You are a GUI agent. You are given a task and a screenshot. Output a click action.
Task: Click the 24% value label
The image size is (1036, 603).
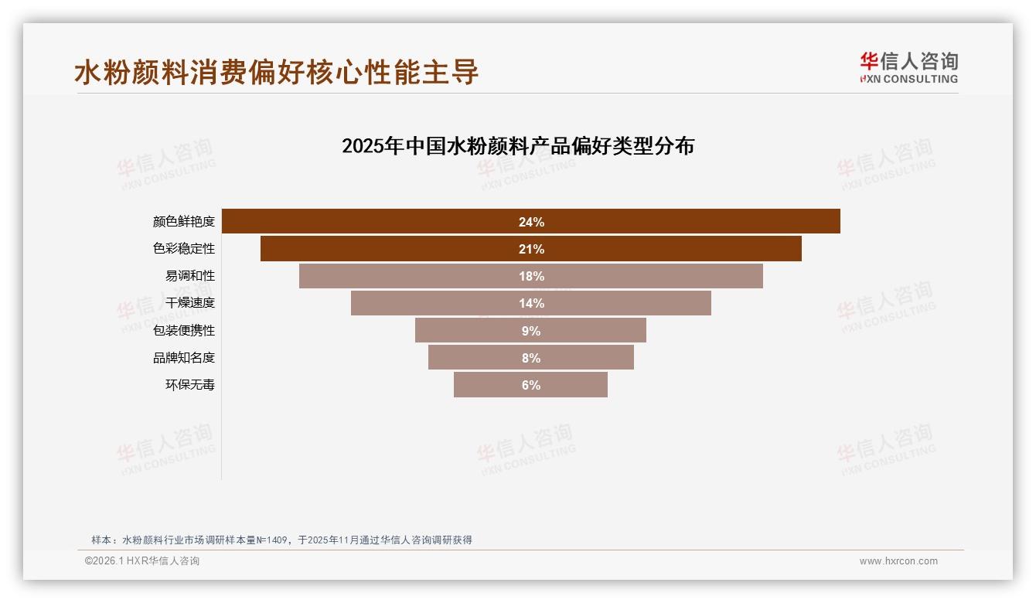(531, 222)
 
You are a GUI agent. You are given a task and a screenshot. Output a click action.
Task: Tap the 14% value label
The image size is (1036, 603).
(531, 303)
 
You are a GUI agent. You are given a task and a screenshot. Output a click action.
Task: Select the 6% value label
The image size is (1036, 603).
(531, 385)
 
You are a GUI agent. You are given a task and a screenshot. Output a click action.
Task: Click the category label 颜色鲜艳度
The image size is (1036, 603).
(184, 222)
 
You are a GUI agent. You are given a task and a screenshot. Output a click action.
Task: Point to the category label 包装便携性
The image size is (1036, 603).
(184, 330)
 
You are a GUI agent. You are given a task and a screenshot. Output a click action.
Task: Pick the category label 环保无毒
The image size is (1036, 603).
(190, 385)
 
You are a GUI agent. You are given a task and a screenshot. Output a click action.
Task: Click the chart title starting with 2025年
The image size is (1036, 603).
(518, 146)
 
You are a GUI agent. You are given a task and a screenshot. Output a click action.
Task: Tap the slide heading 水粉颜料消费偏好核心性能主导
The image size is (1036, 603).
(277, 73)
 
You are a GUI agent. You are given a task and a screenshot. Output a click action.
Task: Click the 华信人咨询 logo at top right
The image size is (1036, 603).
(908, 67)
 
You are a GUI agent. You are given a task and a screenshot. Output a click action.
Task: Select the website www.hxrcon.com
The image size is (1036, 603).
(898, 561)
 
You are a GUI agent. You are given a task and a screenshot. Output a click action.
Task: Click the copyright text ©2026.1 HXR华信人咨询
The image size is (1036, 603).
(142, 561)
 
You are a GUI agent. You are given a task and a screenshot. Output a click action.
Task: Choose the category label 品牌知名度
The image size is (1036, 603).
(184, 357)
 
